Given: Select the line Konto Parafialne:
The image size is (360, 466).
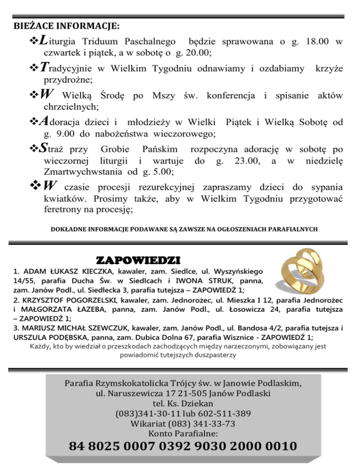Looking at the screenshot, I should coord(180,434).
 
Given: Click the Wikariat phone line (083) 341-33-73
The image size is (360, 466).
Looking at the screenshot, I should coord(180,424).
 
